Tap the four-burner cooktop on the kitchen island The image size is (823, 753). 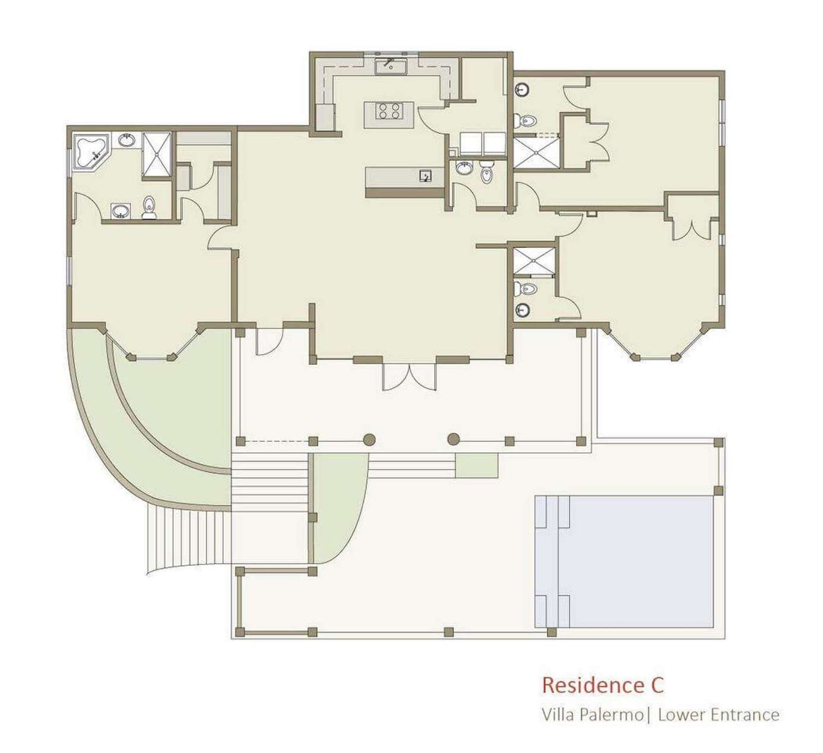(x=389, y=111)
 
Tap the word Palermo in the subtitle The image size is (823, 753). (x=611, y=715)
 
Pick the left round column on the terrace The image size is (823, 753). (x=369, y=440)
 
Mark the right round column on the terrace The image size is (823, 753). (x=453, y=440)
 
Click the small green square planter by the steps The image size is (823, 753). (x=477, y=465)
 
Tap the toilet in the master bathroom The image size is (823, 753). (x=148, y=207)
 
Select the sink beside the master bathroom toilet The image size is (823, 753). (x=121, y=211)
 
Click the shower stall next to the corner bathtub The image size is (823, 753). (x=156, y=153)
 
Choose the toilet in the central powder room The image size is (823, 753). (x=486, y=172)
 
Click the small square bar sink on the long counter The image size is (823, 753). (x=425, y=177)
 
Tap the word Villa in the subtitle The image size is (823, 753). (x=559, y=715)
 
